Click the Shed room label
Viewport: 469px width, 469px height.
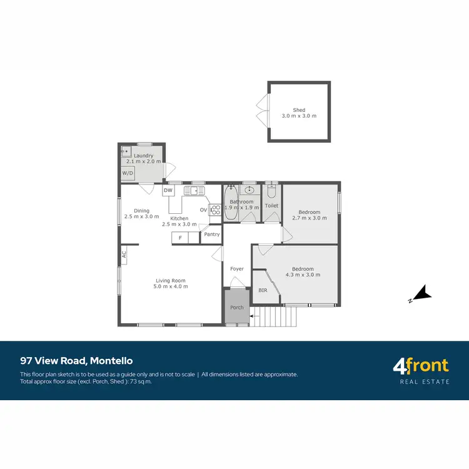pos(299,110)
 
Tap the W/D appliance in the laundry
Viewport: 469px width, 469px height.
pos(128,173)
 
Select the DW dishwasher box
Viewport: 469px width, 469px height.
pos(168,190)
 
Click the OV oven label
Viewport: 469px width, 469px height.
pos(203,210)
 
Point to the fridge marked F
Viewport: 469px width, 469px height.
pos(180,238)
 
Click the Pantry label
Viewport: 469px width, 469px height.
pos(211,234)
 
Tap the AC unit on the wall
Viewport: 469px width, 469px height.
pos(124,254)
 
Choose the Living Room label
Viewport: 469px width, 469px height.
pos(170,281)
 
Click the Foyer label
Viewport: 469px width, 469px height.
pos(236,269)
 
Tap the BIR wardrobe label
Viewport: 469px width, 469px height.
pos(263,290)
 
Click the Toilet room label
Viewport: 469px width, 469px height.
pos(271,205)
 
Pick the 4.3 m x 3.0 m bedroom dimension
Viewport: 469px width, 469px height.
pos(303,275)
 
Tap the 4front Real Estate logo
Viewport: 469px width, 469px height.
pos(420,370)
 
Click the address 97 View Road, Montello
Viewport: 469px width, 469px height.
pos(76,361)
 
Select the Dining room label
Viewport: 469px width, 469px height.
pos(141,211)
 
